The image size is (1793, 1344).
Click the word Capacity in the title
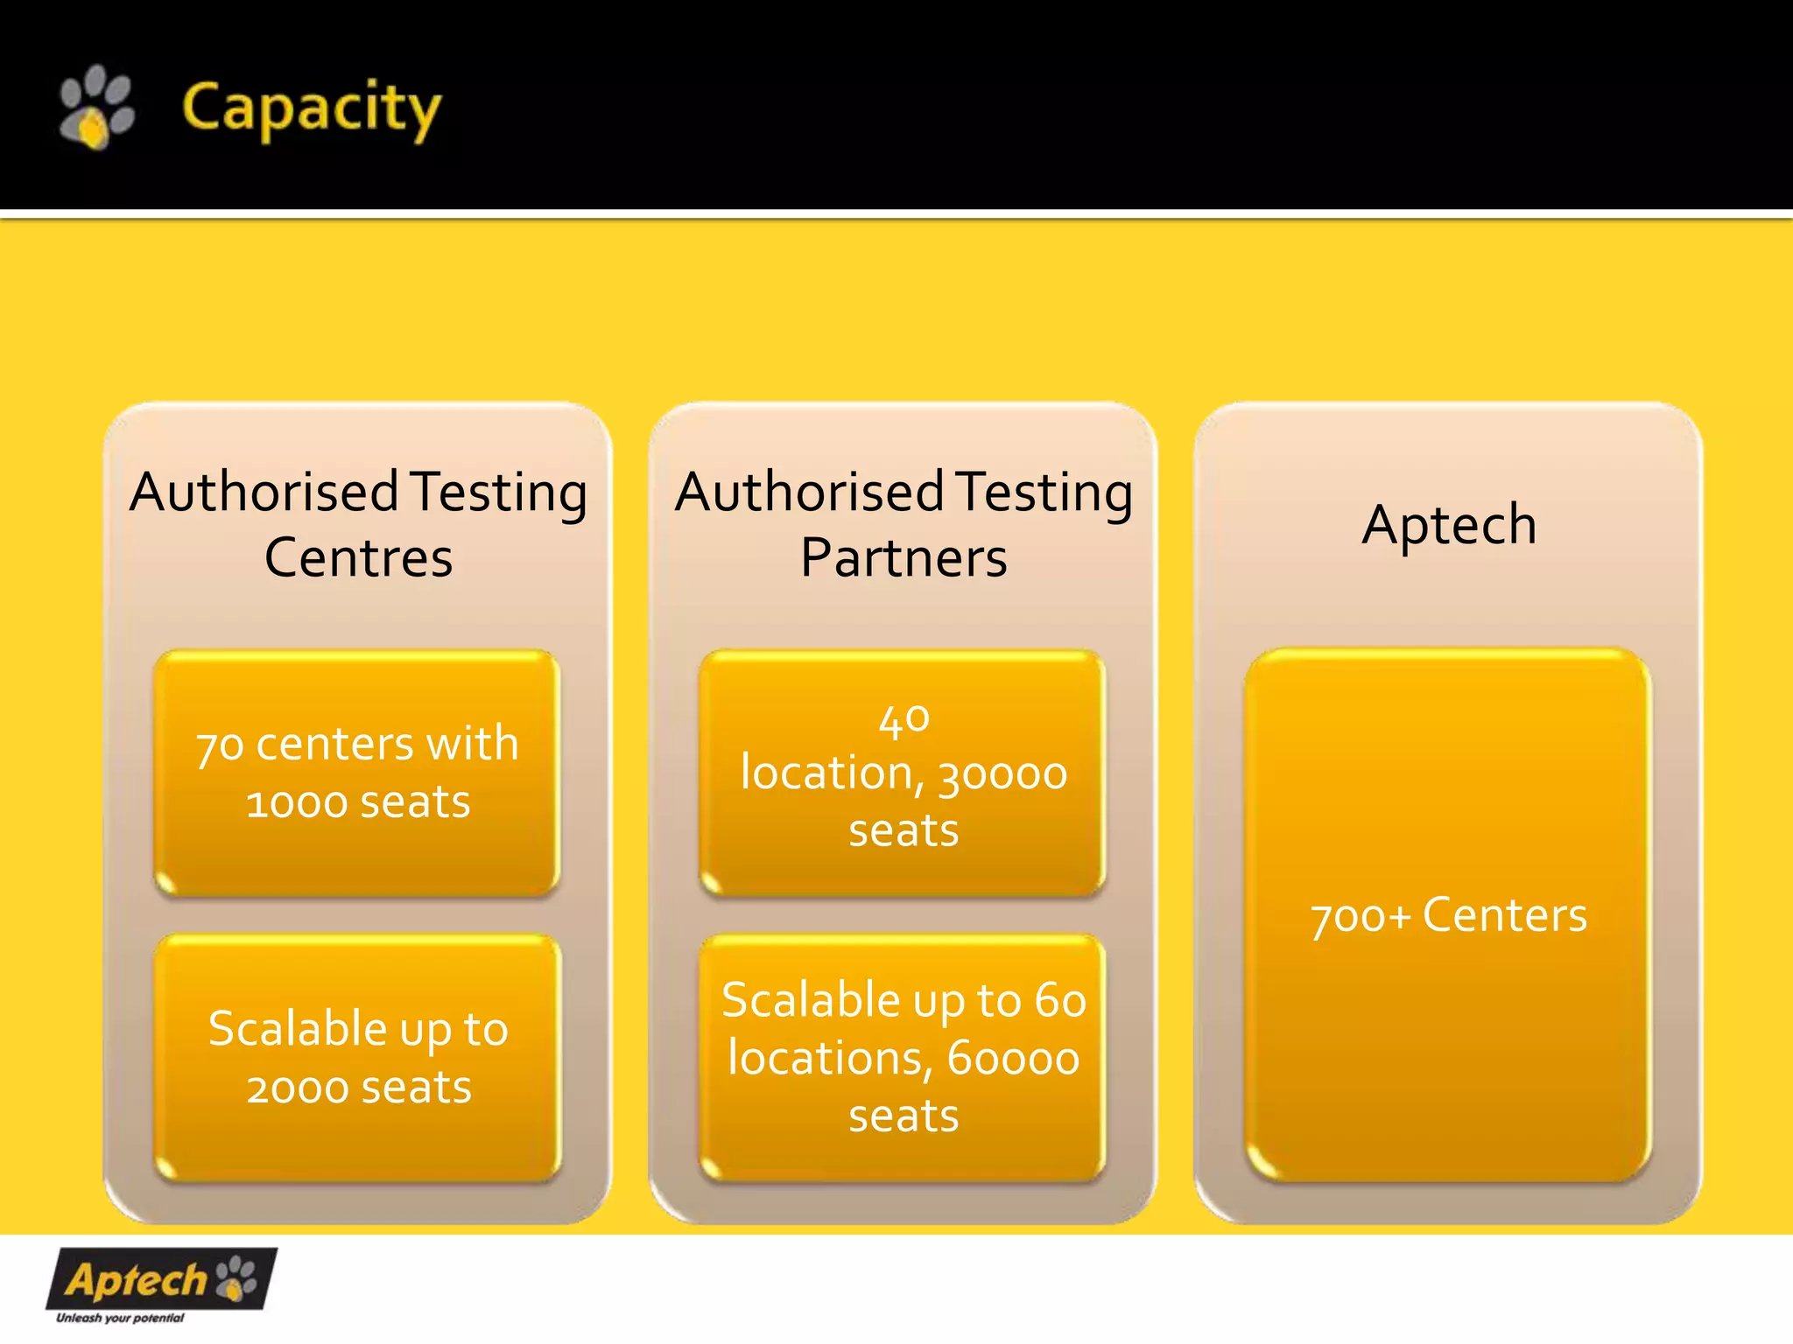(311, 108)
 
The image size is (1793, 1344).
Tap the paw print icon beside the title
(96, 107)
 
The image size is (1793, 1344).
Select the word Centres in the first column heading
(358, 558)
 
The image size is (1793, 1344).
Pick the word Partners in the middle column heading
(904, 558)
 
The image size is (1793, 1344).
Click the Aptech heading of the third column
(1449, 525)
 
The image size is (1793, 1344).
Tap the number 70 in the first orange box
(219, 745)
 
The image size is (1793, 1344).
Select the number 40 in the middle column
(904, 719)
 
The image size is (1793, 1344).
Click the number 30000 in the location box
(1002, 774)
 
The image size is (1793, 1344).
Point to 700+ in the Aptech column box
(1361, 917)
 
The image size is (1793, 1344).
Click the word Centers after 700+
(1504, 915)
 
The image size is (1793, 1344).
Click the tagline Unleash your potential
(120, 1318)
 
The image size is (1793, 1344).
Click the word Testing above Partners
(1044, 493)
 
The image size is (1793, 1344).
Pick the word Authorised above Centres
(265, 493)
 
